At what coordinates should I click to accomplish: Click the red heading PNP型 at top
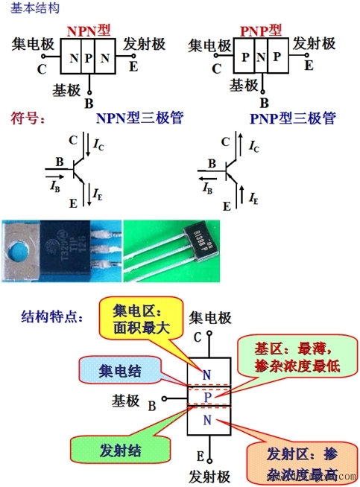click(261, 31)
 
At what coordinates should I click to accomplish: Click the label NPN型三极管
click(139, 118)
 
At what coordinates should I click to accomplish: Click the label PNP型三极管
click(293, 118)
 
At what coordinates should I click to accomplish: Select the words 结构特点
click(52, 316)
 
